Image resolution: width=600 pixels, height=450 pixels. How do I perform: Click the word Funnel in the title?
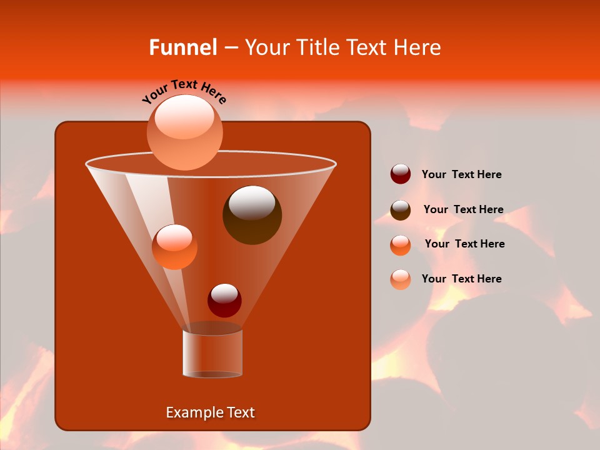click(x=182, y=47)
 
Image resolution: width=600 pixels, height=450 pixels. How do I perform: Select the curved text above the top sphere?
click(x=184, y=92)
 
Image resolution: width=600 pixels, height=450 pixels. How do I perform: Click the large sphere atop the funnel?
click(x=184, y=132)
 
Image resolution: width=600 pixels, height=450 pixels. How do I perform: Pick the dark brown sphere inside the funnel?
click(x=252, y=215)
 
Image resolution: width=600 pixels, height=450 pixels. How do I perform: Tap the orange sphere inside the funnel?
click(x=174, y=247)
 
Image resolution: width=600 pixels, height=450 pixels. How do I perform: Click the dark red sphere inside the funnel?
click(x=224, y=301)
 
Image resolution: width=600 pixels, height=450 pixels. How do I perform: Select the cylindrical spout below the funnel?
click(x=212, y=353)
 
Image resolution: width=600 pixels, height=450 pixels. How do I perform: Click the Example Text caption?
click(x=210, y=412)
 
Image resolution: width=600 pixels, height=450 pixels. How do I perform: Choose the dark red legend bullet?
click(x=401, y=174)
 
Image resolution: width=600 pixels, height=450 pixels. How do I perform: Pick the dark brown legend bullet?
click(x=401, y=210)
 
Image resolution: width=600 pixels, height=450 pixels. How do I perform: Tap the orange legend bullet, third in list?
click(x=401, y=245)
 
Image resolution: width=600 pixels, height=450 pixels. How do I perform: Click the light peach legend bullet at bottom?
click(x=401, y=279)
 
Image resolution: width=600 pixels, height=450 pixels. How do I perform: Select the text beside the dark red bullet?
click(x=461, y=175)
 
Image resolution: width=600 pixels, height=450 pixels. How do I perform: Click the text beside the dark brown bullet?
click(x=463, y=210)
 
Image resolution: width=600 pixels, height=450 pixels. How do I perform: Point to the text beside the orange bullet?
click(x=464, y=244)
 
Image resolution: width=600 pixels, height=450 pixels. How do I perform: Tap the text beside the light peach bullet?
click(x=461, y=279)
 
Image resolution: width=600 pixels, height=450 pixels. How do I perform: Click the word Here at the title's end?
click(x=417, y=47)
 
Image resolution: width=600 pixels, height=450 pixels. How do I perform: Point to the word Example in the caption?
click(x=190, y=412)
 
